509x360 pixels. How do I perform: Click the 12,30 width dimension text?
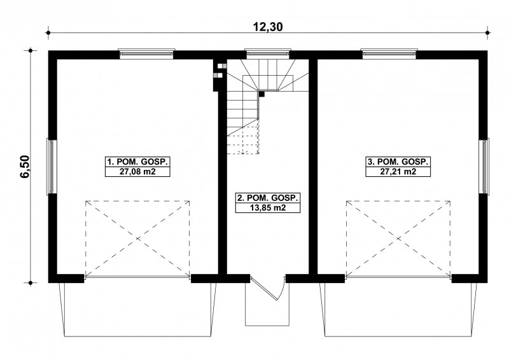268,27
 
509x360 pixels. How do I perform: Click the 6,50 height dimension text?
25,167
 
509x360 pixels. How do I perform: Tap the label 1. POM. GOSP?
137,162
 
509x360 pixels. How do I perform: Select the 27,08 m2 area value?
137,172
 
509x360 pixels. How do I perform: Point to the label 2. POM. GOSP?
268,198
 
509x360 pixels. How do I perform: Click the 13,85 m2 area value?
268,208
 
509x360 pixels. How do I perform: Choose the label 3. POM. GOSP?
398,162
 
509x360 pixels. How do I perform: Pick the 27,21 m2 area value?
398,172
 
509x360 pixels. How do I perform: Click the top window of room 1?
146,54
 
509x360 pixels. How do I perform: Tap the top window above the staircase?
267,54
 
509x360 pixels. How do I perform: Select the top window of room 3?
389,54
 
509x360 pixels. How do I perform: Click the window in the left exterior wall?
52,167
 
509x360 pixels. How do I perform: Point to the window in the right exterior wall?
484,167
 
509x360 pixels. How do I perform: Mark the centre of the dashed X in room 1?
137,239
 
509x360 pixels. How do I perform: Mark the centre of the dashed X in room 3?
398,239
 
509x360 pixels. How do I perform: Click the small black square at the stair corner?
261,95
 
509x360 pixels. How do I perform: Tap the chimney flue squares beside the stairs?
220,71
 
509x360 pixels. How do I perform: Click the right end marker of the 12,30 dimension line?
487,32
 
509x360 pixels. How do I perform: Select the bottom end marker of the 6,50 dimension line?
31,283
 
